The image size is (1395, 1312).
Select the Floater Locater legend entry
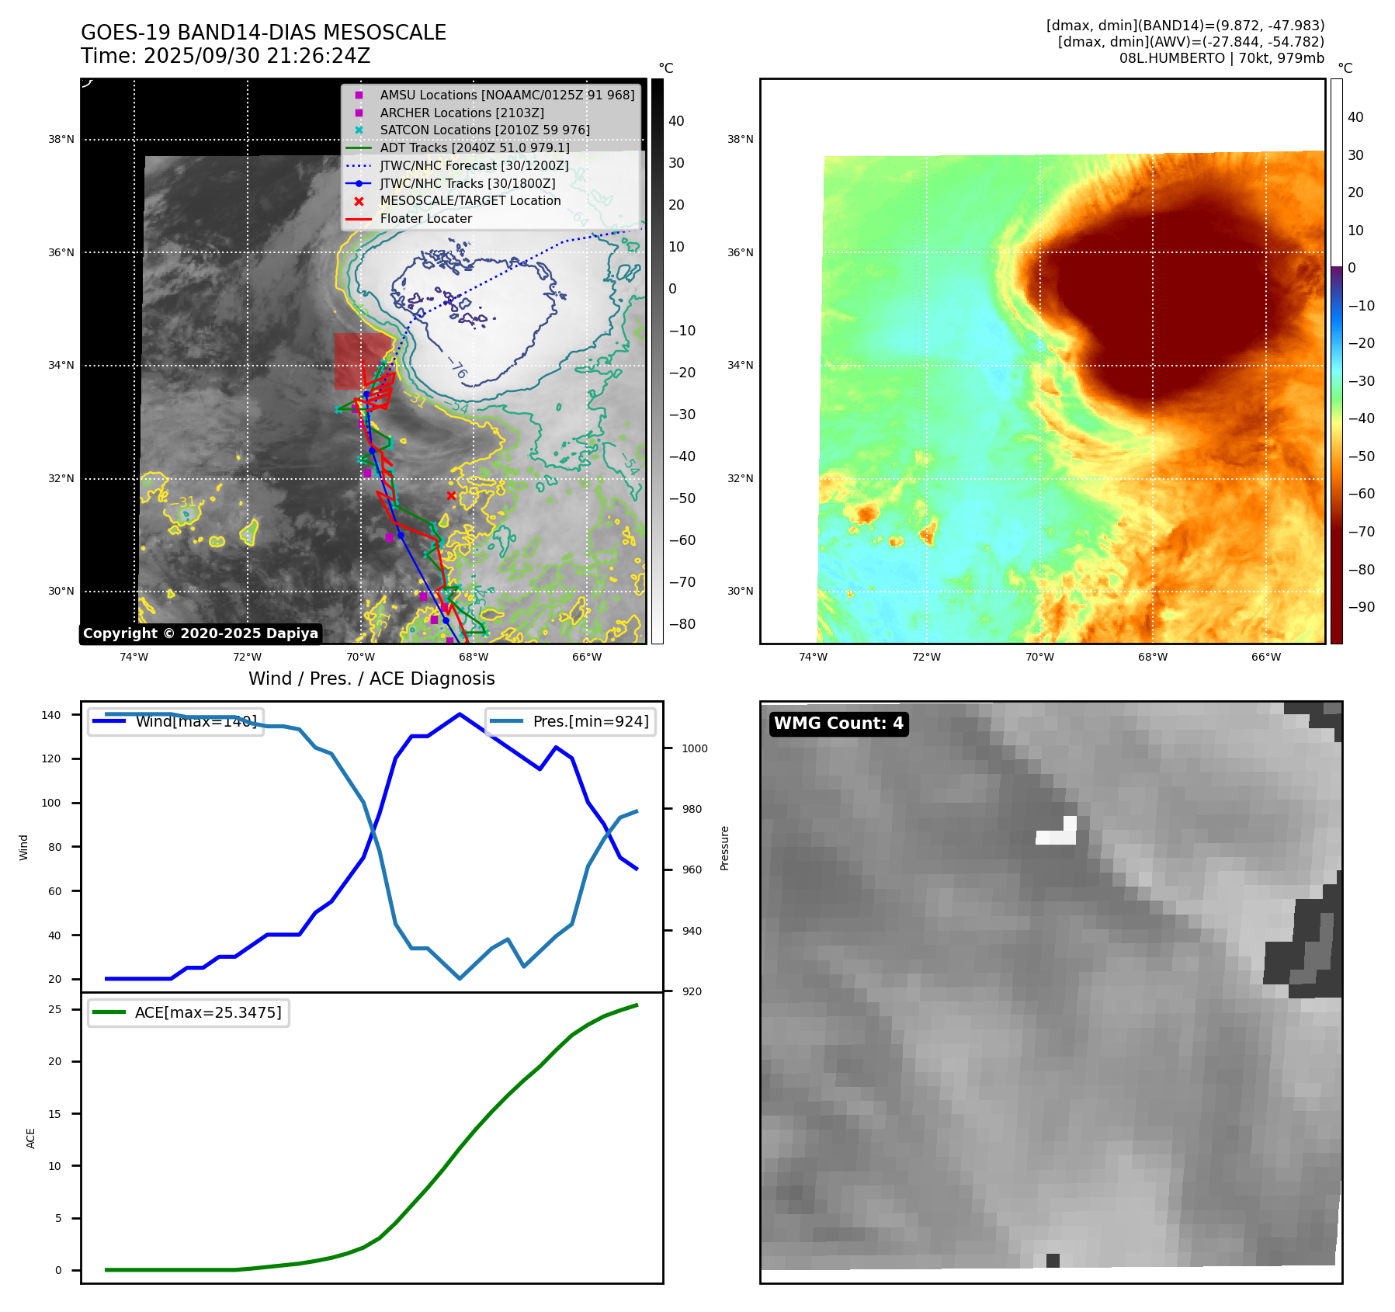coord(425,218)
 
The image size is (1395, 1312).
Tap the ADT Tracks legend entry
coord(474,148)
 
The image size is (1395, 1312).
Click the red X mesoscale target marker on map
coord(451,495)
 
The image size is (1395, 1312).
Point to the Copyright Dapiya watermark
coord(200,633)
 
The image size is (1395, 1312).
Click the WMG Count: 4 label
coord(838,724)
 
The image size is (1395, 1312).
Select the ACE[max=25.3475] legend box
coord(189,1012)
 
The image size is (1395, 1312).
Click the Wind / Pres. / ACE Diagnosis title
coord(371,679)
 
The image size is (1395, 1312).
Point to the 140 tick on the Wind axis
coord(51,715)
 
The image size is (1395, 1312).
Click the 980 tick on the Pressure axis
coord(691,809)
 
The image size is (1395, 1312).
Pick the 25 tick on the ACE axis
coord(55,1009)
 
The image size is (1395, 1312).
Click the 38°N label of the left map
coord(61,140)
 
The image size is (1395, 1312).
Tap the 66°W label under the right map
coord(1265,657)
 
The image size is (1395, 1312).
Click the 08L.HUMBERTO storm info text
coord(1221,58)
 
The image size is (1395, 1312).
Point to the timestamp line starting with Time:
coord(225,56)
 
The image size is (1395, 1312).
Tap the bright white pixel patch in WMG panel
coord(1057,835)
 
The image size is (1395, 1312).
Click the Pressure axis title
coord(724,848)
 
